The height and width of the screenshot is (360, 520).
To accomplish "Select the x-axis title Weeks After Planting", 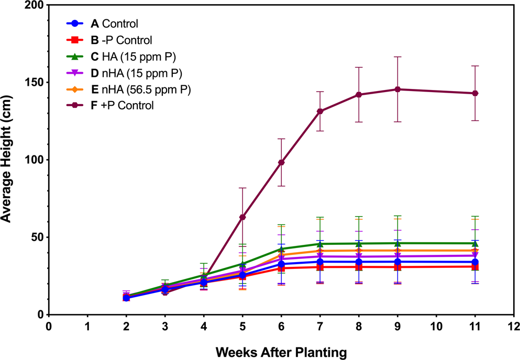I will click(281, 352).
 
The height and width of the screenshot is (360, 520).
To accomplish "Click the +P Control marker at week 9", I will click(397, 89).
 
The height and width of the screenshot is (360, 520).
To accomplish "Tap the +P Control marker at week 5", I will click(242, 217).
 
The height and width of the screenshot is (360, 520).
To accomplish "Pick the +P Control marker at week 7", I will click(320, 111).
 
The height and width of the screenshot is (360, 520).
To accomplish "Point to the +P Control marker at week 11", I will click(475, 93).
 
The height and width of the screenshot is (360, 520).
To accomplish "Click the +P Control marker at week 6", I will click(281, 162).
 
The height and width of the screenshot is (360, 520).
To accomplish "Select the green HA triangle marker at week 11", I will click(475, 243).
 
